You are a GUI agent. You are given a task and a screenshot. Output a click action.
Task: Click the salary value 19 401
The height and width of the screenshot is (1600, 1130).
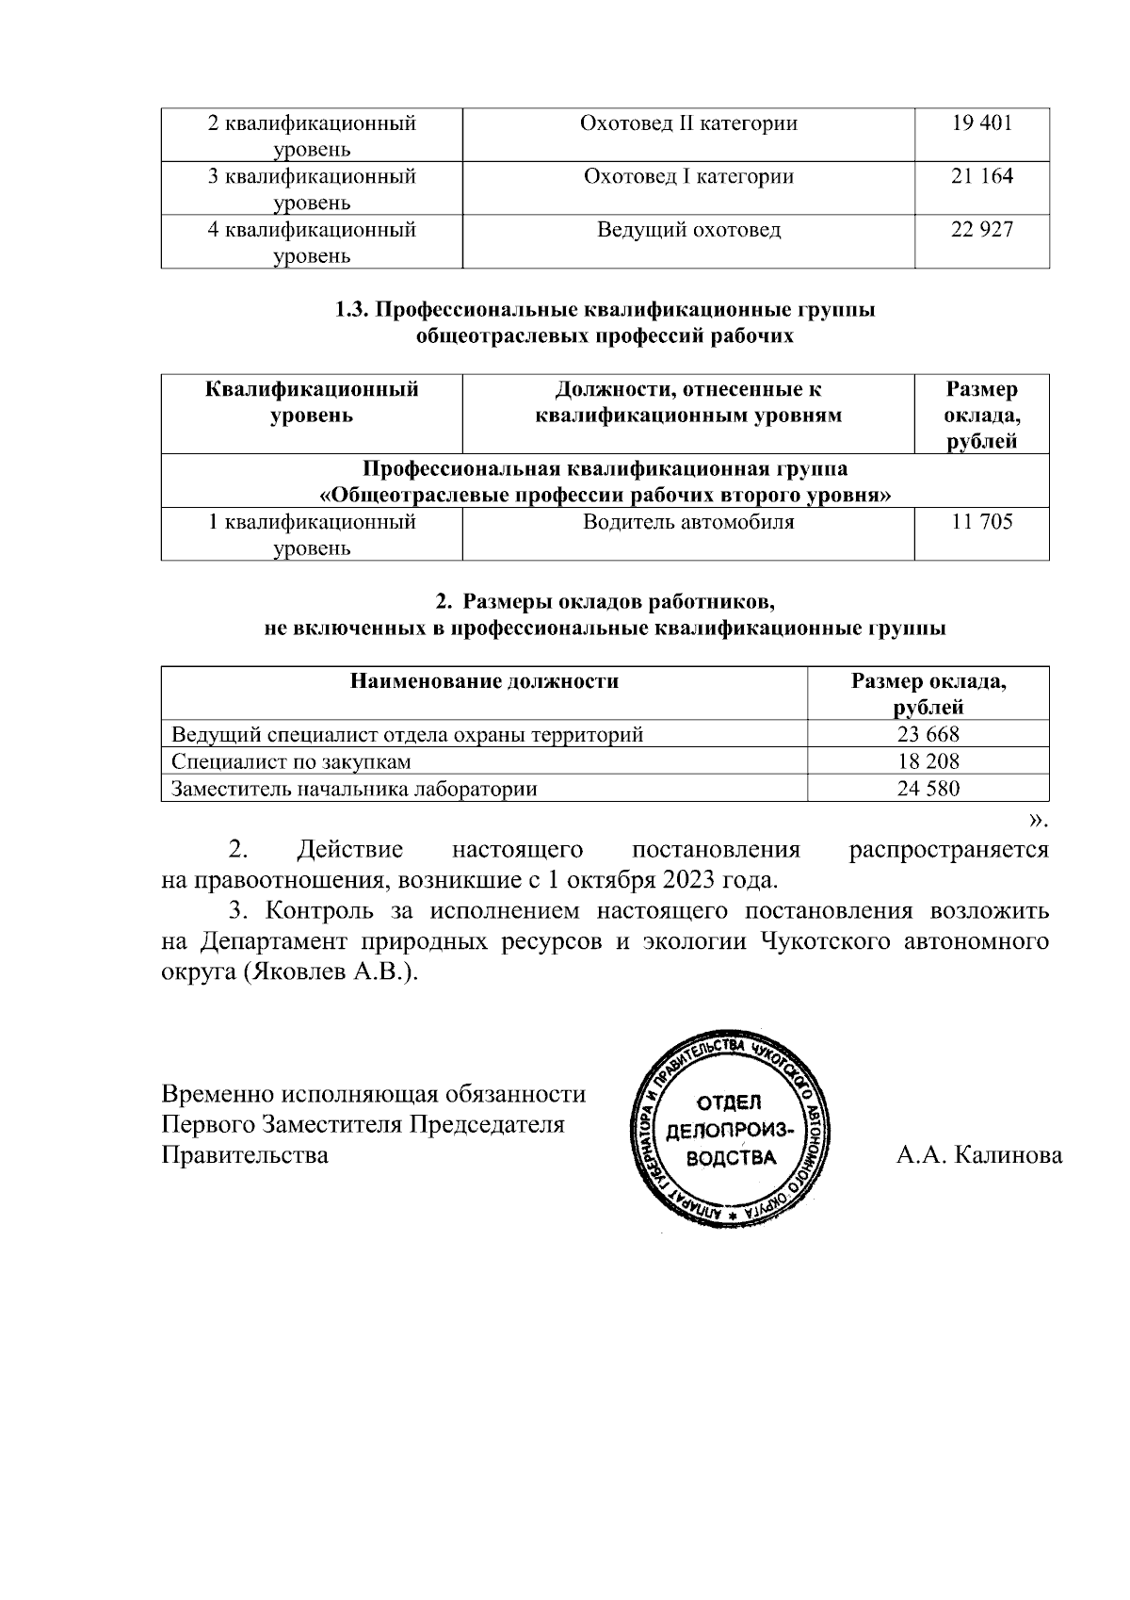(x=982, y=122)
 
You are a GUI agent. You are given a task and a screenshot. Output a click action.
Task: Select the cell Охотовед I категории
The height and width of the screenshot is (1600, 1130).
(x=688, y=176)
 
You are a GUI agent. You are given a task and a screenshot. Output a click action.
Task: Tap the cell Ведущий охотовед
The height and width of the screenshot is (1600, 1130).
(x=688, y=230)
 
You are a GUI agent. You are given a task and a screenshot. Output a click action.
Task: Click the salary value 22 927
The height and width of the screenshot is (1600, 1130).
(x=982, y=230)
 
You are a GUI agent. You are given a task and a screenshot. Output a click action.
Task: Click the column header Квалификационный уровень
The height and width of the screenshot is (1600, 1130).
(x=312, y=402)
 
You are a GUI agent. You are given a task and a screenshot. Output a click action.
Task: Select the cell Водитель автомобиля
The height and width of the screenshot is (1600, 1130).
(x=688, y=522)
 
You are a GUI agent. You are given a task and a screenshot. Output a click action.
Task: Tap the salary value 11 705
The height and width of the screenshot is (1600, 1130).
(x=982, y=522)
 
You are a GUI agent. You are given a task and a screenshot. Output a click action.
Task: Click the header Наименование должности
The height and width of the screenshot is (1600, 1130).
(x=485, y=681)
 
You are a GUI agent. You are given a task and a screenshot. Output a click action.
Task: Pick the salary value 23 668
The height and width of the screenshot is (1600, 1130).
(x=928, y=735)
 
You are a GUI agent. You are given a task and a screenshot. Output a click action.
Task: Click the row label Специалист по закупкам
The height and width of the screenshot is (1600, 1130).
(x=291, y=761)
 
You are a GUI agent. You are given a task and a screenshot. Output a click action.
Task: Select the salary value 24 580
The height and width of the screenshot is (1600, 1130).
(x=928, y=789)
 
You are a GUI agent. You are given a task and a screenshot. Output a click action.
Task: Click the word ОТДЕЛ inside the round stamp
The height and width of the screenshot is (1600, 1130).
(x=730, y=1103)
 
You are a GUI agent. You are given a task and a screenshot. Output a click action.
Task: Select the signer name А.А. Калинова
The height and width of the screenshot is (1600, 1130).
(x=979, y=1155)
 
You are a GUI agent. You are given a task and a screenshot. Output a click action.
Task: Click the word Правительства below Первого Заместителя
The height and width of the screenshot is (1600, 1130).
(x=246, y=1155)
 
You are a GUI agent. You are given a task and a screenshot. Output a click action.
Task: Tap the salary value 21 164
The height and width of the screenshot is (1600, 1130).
(x=982, y=176)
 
